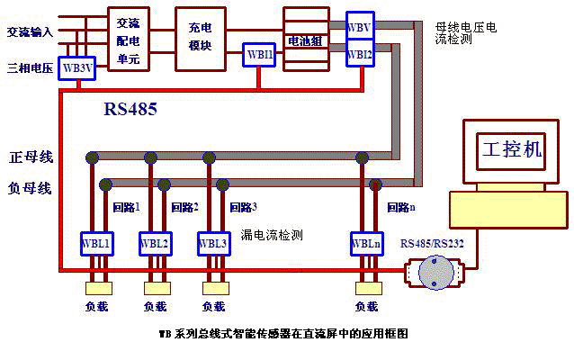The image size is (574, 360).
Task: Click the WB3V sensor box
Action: coord(77,67)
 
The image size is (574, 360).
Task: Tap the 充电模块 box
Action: coord(194,39)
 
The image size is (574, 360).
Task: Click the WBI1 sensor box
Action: coord(259,54)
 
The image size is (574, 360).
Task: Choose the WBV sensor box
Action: coord(360,29)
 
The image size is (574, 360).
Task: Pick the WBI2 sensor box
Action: coord(360,54)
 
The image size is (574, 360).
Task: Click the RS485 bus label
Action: coord(130,110)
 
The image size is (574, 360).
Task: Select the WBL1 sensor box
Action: coord(96,244)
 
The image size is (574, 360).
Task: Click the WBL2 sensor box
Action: coord(155,244)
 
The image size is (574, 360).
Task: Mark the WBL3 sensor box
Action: coord(212,244)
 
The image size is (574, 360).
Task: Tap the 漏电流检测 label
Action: coord(272,235)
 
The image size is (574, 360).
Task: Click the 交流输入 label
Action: coord(30,32)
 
